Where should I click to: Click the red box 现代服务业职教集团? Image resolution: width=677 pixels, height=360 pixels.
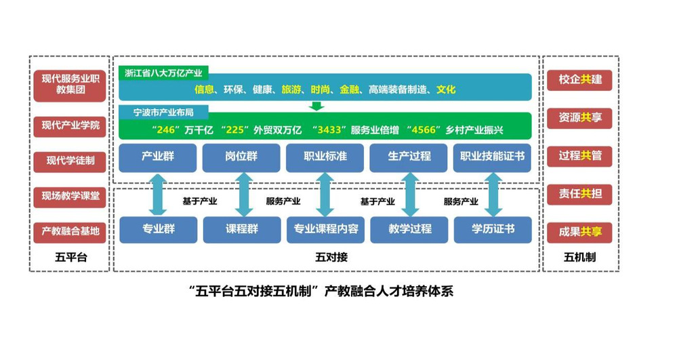point(70,85)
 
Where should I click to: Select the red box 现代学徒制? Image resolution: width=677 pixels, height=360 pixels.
point(70,161)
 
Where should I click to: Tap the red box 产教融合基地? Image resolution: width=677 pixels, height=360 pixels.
point(70,231)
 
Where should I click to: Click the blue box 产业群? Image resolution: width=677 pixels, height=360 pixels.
point(158,157)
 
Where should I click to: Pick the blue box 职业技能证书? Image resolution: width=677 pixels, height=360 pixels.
point(492,157)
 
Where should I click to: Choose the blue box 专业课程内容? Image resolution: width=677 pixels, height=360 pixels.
point(325,229)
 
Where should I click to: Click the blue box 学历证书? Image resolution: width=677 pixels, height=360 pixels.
point(493,229)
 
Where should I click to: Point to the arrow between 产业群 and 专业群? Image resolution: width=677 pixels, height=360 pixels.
point(158,195)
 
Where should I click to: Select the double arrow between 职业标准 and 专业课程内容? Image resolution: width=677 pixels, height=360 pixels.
point(325,195)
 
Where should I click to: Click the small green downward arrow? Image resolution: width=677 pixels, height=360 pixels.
point(316,106)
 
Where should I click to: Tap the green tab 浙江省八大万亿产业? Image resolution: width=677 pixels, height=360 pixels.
point(163,73)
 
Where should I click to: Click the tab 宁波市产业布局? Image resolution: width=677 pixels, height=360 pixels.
point(163,113)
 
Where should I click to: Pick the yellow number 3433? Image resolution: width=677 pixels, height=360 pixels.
point(329,129)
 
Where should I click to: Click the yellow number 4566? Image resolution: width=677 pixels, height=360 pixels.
point(424,129)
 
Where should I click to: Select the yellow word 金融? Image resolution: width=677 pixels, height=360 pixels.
point(349,89)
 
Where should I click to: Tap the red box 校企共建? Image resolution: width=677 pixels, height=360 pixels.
point(579,80)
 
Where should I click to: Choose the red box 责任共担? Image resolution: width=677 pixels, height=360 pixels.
point(579,194)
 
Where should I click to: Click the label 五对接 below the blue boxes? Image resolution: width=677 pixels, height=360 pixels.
point(331,257)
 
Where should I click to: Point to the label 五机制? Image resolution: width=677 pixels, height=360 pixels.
point(579,257)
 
